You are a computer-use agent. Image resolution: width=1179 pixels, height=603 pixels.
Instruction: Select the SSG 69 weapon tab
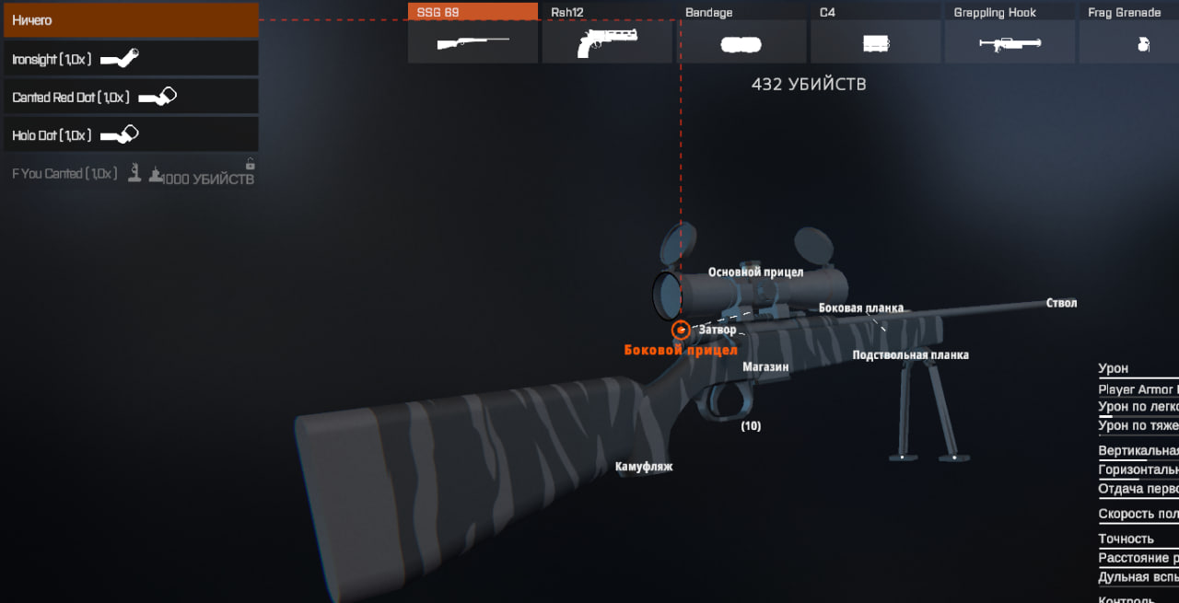[473, 33]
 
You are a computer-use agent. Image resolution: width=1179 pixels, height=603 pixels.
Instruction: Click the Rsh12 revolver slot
[607, 33]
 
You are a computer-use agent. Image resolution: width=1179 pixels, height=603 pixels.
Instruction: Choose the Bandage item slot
[741, 33]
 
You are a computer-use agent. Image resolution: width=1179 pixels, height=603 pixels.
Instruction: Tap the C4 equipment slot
[875, 33]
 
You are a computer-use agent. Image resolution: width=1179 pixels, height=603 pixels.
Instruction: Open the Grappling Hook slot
[1010, 33]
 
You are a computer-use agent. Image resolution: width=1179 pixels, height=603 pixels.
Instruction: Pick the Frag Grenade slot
[1129, 33]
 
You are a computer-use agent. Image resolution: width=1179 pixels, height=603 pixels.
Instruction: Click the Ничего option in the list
[130, 20]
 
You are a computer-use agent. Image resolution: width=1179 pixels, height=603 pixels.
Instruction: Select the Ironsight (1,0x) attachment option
[130, 59]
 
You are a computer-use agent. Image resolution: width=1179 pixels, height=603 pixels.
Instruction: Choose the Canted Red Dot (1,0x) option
[130, 97]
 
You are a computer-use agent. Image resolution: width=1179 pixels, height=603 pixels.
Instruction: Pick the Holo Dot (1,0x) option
[130, 135]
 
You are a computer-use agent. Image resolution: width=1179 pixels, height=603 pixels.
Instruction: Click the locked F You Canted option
[130, 173]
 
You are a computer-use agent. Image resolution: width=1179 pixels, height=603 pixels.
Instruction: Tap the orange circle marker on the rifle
[681, 330]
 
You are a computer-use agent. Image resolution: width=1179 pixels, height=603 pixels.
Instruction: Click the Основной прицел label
[755, 273]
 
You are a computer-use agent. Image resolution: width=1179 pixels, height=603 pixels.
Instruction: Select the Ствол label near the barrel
[1061, 303]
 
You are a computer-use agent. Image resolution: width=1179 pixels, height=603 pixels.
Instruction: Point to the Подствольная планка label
[910, 355]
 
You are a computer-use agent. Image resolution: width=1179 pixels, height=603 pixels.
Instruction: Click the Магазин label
[765, 366]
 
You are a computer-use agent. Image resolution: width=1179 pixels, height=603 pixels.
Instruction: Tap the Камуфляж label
[644, 467]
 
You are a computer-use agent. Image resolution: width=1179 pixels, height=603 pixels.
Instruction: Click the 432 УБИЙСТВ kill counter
[809, 85]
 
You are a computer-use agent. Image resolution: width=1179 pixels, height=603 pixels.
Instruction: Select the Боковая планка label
[861, 308]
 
